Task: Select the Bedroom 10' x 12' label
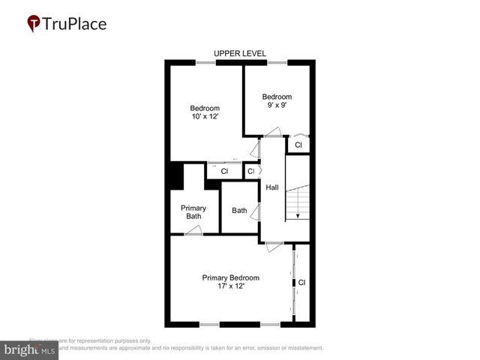[204, 112]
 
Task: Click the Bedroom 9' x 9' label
[276, 100]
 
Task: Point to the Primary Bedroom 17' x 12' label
[230, 281]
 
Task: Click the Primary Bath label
[193, 212]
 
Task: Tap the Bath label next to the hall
[239, 211]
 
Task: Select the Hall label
[272, 187]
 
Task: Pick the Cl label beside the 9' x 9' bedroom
[298, 145]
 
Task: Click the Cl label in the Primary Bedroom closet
[302, 283]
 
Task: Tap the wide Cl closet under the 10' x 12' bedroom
[224, 172]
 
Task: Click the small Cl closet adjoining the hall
[251, 172]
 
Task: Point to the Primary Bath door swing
[193, 231]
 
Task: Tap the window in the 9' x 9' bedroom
[277, 62]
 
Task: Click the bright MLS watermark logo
[29, 350]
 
